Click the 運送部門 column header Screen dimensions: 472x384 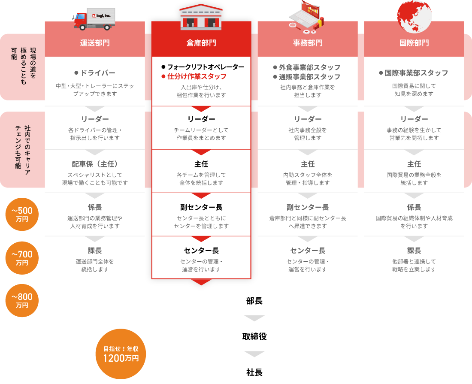(x=95, y=43)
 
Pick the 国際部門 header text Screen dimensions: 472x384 (x=414, y=43)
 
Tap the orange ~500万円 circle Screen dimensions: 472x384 (x=22, y=214)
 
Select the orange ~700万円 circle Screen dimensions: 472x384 (x=22, y=258)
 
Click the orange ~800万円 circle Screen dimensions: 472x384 (x=22, y=300)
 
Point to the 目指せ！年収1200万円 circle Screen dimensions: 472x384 (x=121, y=354)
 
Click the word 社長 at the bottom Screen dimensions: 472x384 (x=254, y=372)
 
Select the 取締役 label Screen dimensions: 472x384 (x=254, y=336)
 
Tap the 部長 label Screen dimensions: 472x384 (x=254, y=301)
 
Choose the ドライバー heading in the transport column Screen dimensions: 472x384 (x=98, y=73)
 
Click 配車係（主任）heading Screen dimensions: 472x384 (x=95, y=164)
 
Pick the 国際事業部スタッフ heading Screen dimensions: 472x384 (x=416, y=73)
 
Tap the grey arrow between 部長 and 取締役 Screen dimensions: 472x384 (x=254, y=318)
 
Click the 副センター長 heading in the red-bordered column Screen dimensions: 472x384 (x=201, y=207)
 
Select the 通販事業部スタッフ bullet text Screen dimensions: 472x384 (x=309, y=77)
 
